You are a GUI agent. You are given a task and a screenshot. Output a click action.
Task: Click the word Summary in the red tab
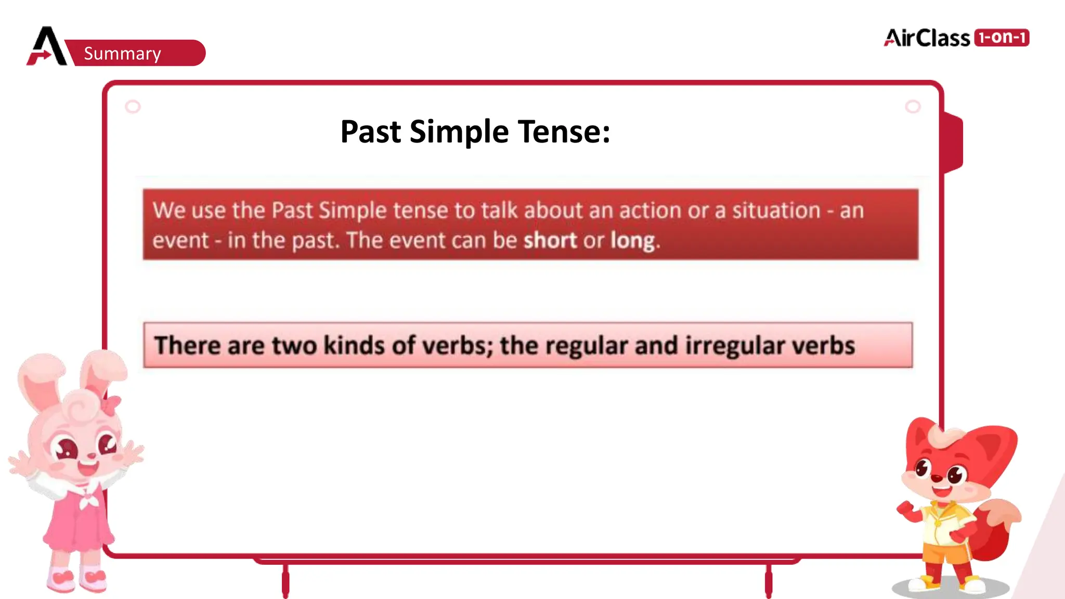pyautogui.click(x=122, y=54)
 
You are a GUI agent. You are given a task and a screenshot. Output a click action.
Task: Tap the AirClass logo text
pyautogui.click(x=927, y=38)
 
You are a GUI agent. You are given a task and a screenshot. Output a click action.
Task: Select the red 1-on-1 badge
pyautogui.click(x=1002, y=37)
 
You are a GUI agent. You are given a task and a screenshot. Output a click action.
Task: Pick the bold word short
pyautogui.click(x=550, y=240)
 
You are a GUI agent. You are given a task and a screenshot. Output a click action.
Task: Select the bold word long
pyautogui.click(x=632, y=241)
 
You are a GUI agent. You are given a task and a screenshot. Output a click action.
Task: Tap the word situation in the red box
pyautogui.click(x=776, y=211)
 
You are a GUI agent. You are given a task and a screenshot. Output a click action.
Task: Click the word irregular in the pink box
pyautogui.click(x=734, y=346)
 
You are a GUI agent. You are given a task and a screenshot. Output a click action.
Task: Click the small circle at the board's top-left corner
pyautogui.click(x=133, y=107)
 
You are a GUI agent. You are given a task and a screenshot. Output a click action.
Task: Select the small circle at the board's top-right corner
pyautogui.click(x=913, y=107)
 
